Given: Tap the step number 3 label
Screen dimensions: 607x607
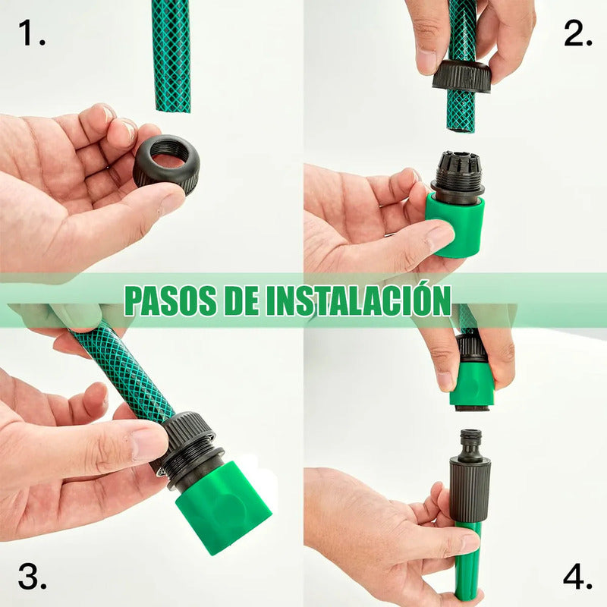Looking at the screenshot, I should pyautogui.click(x=32, y=577).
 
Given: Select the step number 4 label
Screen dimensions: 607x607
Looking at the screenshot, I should pyautogui.click(x=577, y=577).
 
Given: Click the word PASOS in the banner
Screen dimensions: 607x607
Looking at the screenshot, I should pyautogui.click(x=171, y=300).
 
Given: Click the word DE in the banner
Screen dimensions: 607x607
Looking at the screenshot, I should pyautogui.click(x=242, y=300).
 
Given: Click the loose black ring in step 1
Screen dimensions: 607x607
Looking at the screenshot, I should pyautogui.click(x=166, y=164).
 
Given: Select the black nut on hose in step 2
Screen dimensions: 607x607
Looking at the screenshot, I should pyautogui.click(x=461, y=76).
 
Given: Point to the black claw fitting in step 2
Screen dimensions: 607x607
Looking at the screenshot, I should pyautogui.click(x=458, y=175).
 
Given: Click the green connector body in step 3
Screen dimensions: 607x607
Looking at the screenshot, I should pyautogui.click(x=223, y=505).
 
